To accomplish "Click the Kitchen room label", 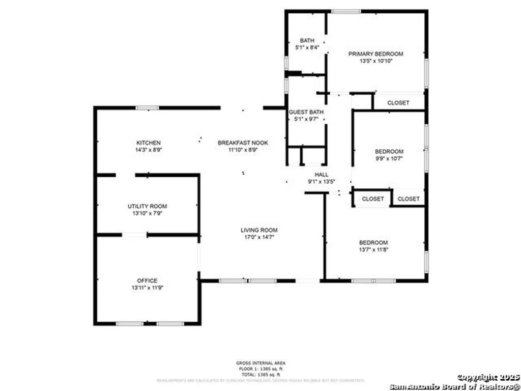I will point(149,143).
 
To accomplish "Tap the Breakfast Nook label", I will point(243,143).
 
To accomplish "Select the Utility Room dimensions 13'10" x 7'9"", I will point(148,213).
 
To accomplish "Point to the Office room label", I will point(147,281).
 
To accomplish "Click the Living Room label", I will point(259,230).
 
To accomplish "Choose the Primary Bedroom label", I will point(375,54).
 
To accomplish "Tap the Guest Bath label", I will point(306,112).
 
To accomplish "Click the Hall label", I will point(322,175).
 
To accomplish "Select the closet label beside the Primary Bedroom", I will point(398,103).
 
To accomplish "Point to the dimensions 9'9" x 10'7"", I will point(389,158).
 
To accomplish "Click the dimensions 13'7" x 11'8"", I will point(373,250).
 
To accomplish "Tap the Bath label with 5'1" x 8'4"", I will point(307,41).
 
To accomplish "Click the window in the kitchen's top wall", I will point(147,108).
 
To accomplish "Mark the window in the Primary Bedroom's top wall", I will point(346,11).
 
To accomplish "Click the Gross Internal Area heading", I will point(260,363).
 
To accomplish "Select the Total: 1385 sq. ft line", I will point(260,374).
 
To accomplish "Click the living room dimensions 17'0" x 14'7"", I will point(259,237).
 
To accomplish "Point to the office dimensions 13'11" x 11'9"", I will point(147,288).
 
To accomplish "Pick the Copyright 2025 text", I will point(488,377).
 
